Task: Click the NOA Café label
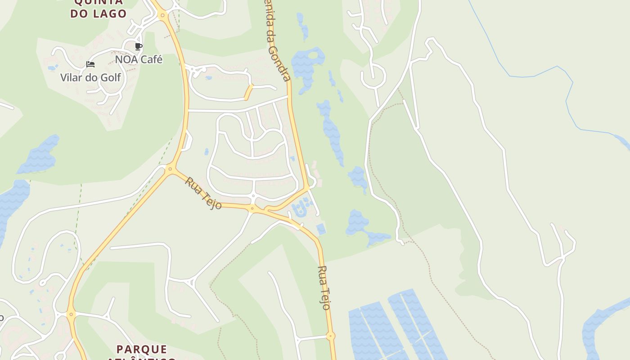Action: tap(139, 59)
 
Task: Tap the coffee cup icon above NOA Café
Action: tap(139, 46)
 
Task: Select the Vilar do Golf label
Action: tap(90, 77)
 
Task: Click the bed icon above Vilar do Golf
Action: tap(90, 64)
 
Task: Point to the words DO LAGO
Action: tap(98, 13)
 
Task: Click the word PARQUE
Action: tap(142, 349)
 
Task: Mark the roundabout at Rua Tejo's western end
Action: tap(170, 169)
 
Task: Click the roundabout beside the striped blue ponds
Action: tap(331, 336)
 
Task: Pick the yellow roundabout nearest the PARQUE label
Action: tap(71, 314)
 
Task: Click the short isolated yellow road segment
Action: tap(248, 92)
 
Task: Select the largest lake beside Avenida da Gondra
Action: tap(307, 65)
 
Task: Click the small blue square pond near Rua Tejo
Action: tap(321, 229)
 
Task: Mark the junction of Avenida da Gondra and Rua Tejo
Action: tap(307, 188)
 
